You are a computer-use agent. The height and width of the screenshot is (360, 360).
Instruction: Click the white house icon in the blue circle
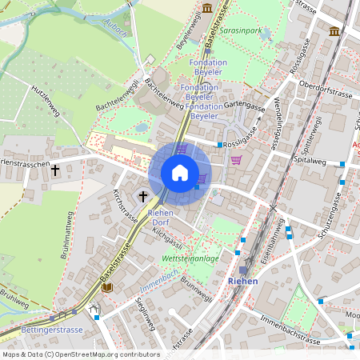(180, 173)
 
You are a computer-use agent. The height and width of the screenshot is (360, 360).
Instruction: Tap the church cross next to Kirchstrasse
(143, 195)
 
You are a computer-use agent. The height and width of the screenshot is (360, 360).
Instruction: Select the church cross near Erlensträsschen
(55, 170)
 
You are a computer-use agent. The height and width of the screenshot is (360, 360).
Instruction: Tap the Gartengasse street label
(244, 105)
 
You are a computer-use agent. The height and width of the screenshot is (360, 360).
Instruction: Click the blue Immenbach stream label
(161, 276)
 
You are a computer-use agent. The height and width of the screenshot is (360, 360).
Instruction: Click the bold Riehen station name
(242, 282)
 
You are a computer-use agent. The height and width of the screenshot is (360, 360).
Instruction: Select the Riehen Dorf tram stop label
(161, 217)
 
